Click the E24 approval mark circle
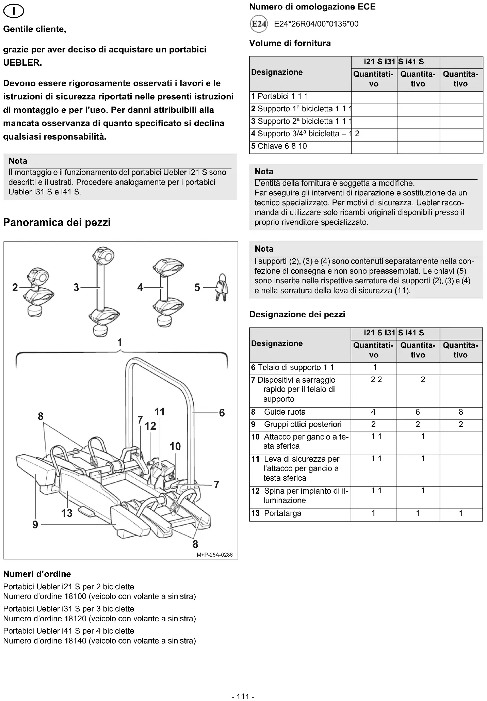[x=259, y=24]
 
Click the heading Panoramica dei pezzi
[x=57, y=223]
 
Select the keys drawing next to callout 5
[x=222, y=288]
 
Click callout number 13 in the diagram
[x=67, y=513]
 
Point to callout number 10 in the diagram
[x=175, y=446]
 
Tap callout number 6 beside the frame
[x=222, y=413]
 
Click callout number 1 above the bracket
[x=119, y=342]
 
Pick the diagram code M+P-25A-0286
[x=214, y=555]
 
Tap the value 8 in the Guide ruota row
[x=461, y=412]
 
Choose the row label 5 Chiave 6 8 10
[x=279, y=146]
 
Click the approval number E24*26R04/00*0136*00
[x=316, y=24]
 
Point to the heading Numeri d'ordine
[x=37, y=574]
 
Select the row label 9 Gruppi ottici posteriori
[x=296, y=425]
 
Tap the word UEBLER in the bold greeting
[x=22, y=63]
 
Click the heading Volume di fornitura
[x=290, y=43]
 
